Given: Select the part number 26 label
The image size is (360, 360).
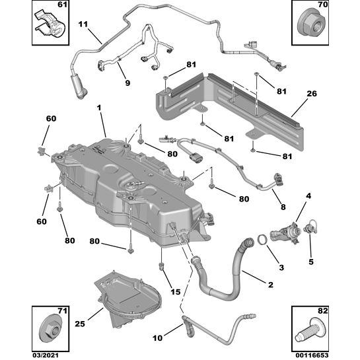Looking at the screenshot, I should [310, 94].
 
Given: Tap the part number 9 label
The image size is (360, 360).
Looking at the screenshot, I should [127, 83].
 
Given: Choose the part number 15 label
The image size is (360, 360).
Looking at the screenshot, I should [175, 292].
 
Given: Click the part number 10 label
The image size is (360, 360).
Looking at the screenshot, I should [157, 338].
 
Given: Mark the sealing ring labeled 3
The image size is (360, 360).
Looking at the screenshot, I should [262, 238].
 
